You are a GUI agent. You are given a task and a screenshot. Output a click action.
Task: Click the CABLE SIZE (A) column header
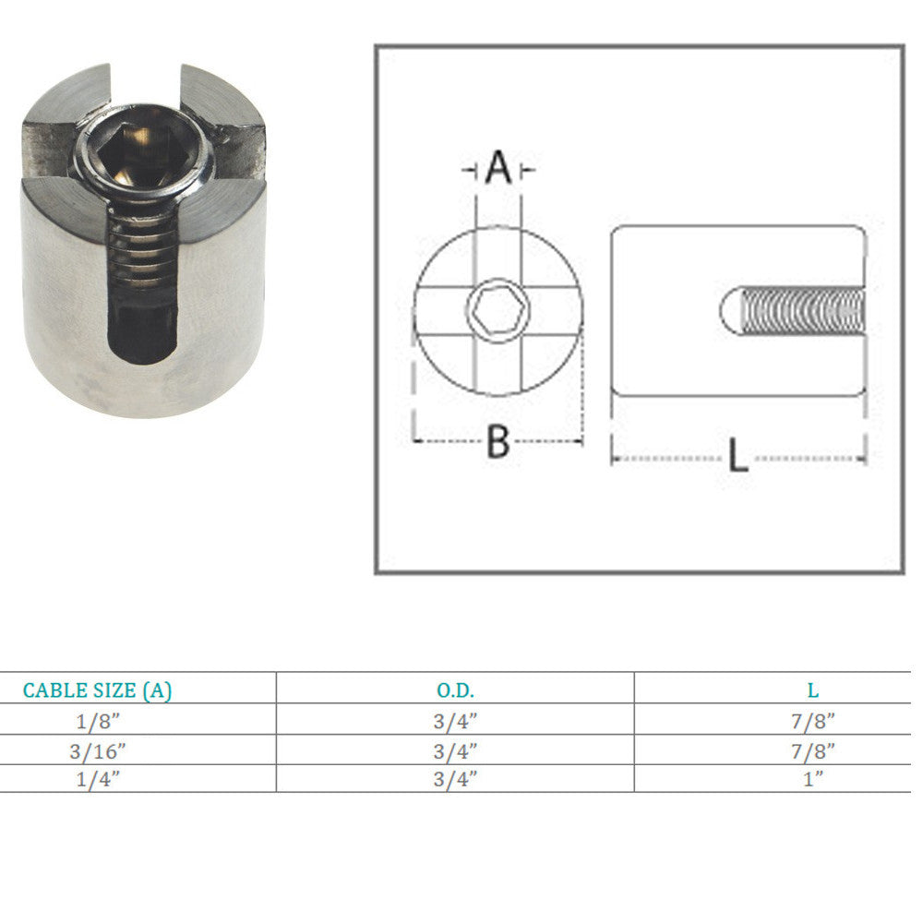[97, 689]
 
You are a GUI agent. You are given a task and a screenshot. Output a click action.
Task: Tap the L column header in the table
[812, 689]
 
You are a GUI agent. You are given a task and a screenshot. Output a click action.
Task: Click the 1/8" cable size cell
[97, 720]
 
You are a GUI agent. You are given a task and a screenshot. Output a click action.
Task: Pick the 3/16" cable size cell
[97, 749]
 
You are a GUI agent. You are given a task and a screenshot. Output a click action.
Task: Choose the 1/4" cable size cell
[97, 778]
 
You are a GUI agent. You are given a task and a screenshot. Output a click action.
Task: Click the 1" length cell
[812, 778]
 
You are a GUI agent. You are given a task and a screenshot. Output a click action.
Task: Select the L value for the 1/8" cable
[812, 720]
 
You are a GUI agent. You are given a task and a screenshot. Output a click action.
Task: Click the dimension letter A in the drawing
[498, 169]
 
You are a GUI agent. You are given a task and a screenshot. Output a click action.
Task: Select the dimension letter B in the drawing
[498, 442]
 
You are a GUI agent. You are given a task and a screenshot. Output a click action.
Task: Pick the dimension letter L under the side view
[737, 456]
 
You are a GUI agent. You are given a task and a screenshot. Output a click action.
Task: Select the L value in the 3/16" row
[812, 749]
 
